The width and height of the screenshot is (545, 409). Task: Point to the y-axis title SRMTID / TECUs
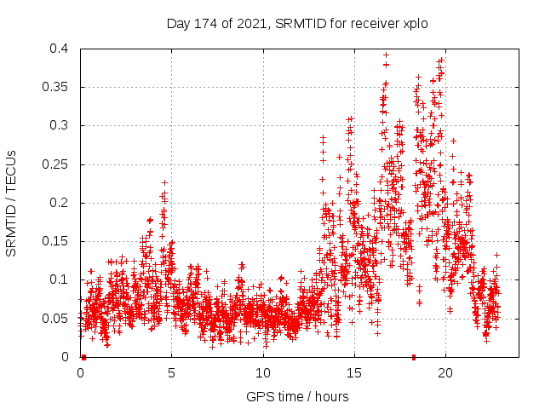[x=12, y=203]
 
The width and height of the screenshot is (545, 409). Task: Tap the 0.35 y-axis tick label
[x=58, y=87]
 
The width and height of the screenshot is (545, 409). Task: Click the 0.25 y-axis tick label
[x=58, y=164]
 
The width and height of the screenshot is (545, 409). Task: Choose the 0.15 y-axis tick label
[x=58, y=241]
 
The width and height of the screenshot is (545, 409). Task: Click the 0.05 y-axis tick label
[x=58, y=319]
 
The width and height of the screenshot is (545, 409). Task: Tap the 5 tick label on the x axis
[x=171, y=373]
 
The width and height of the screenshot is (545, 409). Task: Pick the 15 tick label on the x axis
[x=353, y=373]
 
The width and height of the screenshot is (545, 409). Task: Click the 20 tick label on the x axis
[x=445, y=373]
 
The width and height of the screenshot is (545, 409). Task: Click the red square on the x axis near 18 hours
[x=414, y=357]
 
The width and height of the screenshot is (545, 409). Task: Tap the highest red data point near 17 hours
[x=386, y=55]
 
